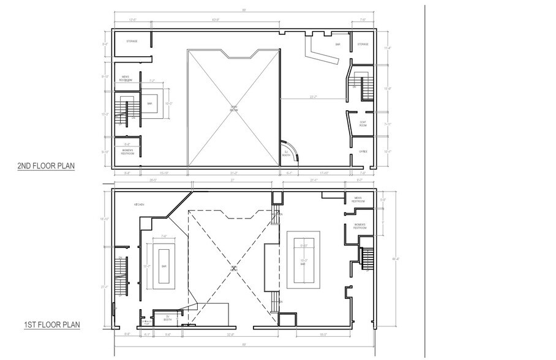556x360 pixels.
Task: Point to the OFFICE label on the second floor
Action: click(363, 152)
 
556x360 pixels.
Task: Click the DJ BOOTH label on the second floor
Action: click(285, 153)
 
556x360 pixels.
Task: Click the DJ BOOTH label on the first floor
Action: click(167, 318)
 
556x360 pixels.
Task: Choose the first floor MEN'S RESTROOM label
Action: click(359, 199)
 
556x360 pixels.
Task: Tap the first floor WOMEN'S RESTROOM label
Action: click(359, 226)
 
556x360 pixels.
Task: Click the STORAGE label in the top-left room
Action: click(131, 42)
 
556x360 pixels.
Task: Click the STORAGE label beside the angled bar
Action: click(363, 44)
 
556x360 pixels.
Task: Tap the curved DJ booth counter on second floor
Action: click(296, 150)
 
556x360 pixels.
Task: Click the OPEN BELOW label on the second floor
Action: click(234, 108)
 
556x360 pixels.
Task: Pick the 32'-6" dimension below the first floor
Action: click(230, 334)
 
